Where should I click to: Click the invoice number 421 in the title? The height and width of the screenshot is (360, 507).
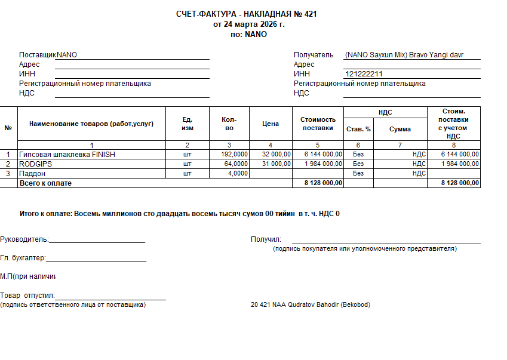pos(311,14)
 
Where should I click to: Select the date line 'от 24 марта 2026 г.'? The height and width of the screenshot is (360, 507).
pos(249,24)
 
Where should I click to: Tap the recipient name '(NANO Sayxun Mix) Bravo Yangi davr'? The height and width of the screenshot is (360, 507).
pos(404,55)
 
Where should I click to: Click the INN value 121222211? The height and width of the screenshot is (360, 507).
pos(364,74)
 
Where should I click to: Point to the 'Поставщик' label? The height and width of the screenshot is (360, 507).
pos(37,55)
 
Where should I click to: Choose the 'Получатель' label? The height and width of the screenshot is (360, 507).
pos(314,55)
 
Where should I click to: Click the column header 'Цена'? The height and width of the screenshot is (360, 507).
pos(271,124)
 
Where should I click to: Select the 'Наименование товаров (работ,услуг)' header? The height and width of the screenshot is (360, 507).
pos(91,124)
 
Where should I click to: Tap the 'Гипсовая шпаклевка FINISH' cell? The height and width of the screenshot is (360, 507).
pos(67,155)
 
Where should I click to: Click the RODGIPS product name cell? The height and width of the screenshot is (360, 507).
pos(35,164)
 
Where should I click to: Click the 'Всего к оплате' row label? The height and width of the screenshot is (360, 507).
pos(45,183)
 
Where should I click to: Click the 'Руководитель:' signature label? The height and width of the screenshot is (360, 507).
pos(24,239)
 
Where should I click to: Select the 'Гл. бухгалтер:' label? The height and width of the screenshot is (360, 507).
pos(23,258)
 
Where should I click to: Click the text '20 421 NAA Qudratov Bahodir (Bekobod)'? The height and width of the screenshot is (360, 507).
pos(311,305)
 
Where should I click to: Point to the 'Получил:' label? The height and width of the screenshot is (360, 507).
pos(266,239)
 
